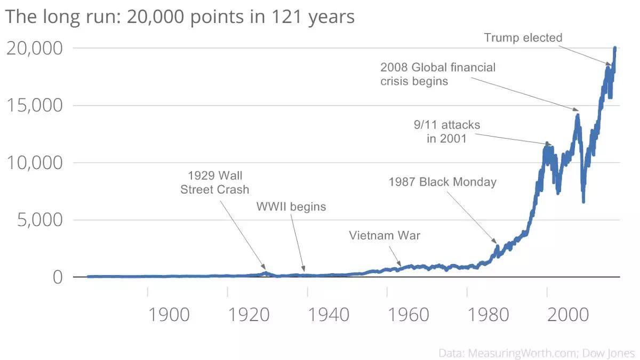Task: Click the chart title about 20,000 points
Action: coord(180,17)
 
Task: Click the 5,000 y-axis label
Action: coord(39,220)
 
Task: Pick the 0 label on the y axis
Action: coord(57,277)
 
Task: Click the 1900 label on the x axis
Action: coord(169,314)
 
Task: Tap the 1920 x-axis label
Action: coord(249,314)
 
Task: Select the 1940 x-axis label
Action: coord(329,314)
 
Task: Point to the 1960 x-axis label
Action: coord(409,314)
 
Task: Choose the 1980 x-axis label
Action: coord(489,314)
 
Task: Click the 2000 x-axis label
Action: coord(569,314)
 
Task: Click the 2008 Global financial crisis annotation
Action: coord(437,74)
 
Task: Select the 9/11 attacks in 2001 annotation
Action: coord(447,132)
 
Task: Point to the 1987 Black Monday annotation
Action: coord(442,182)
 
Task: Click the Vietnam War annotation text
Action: coord(385,235)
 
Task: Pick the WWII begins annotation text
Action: coord(291,206)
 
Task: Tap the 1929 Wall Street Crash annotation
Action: coord(215,182)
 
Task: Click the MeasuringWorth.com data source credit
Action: coord(537,353)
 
